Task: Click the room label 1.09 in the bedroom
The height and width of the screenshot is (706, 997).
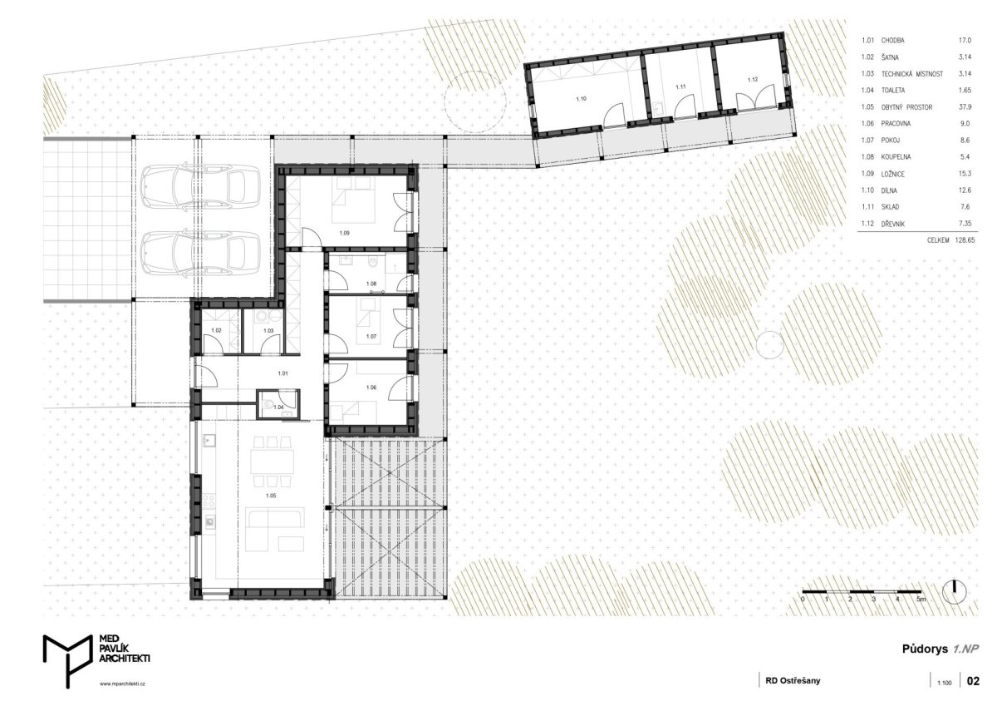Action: pyautogui.click(x=345, y=233)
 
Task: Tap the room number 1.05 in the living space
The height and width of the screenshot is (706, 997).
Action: pyautogui.click(x=271, y=496)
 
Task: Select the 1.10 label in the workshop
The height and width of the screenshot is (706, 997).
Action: pyautogui.click(x=582, y=99)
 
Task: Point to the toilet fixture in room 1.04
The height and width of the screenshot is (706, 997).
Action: pyautogui.click(x=268, y=404)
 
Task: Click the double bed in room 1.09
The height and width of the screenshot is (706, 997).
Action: pyautogui.click(x=353, y=200)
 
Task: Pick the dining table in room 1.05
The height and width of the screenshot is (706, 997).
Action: pyautogui.click(x=272, y=462)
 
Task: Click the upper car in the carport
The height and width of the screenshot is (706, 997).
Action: pyautogui.click(x=200, y=186)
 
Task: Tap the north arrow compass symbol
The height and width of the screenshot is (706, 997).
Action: pyautogui.click(x=955, y=592)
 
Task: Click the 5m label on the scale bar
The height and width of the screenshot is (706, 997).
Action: pyautogui.click(x=921, y=600)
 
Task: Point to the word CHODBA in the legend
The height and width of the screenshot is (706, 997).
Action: pyautogui.click(x=893, y=41)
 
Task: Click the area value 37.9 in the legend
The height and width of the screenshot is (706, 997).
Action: pyautogui.click(x=965, y=107)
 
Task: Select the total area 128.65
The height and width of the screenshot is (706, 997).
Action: pyautogui.click(x=965, y=240)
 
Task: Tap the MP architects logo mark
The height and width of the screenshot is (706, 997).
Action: pyautogui.click(x=67, y=661)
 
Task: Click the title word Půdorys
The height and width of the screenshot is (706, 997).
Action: pyautogui.click(x=926, y=649)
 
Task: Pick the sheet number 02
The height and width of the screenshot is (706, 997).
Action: pyautogui.click(x=974, y=681)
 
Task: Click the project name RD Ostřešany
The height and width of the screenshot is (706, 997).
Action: pyautogui.click(x=793, y=680)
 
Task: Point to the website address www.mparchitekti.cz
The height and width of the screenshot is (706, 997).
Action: pyautogui.click(x=122, y=684)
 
